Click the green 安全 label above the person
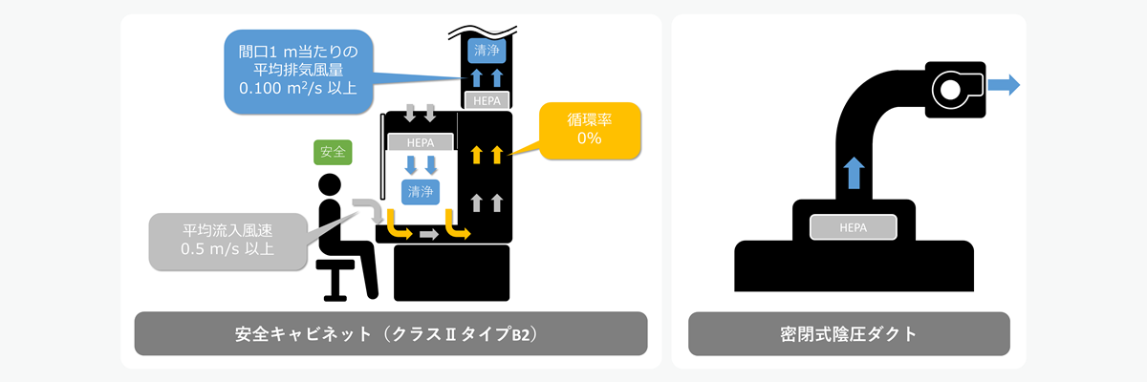(333, 151)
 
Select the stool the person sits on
(335, 272)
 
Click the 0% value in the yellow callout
(589, 138)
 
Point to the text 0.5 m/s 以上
(228, 250)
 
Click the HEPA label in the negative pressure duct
(853, 227)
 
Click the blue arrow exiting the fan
(1003, 85)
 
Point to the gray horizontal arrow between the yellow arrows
(428, 233)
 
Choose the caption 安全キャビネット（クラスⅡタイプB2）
(391, 334)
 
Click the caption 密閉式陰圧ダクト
(849, 334)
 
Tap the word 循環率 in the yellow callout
(589, 119)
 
